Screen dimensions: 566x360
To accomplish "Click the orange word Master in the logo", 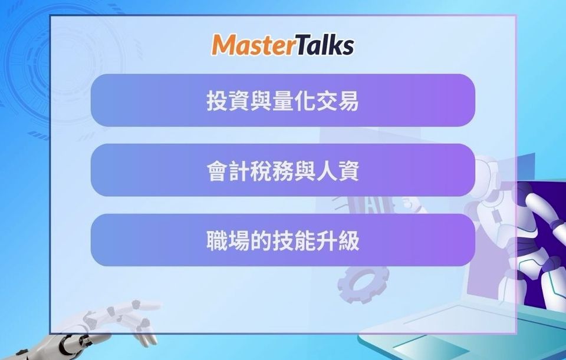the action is click(254, 45).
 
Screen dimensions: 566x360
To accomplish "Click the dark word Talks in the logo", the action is click(325, 45).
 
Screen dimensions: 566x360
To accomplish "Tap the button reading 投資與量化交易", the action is click(282, 100).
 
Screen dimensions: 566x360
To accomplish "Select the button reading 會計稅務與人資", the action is click(282, 170).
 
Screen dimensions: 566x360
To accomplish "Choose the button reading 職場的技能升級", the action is click(282, 240).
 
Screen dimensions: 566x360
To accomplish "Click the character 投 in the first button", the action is click(217, 100).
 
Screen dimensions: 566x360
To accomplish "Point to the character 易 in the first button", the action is click(348, 100).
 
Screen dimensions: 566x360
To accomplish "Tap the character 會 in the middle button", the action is click(217, 170).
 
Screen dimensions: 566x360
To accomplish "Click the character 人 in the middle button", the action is click(326, 170).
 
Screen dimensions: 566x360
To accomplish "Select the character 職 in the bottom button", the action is click(217, 240).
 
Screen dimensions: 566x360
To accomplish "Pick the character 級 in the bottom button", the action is click(348, 240).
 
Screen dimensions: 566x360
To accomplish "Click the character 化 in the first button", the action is click(304, 100).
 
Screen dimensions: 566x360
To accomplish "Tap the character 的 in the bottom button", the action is click(261, 240).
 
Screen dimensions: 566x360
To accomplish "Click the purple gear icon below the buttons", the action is click(363, 283).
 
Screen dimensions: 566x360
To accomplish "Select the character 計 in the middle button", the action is click(239, 170).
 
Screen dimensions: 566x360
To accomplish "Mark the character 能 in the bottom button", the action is click(304, 240).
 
